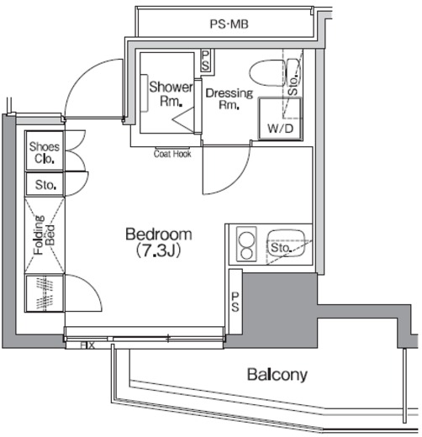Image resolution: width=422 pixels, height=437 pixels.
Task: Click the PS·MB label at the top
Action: (229, 24)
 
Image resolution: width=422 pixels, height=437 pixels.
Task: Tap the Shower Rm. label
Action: (171, 94)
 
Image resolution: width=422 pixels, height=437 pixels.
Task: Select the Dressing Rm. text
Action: (229, 98)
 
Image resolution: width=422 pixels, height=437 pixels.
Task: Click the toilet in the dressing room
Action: (275, 72)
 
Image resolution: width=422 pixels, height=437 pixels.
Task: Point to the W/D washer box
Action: (280, 118)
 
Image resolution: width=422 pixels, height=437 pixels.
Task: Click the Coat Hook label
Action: (172, 154)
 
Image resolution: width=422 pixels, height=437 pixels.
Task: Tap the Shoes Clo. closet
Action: (45, 150)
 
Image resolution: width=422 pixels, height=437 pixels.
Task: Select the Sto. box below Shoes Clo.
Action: (45, 183)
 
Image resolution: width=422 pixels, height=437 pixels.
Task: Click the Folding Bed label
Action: (44, 234)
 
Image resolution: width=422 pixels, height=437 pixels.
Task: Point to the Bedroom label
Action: (159, 234)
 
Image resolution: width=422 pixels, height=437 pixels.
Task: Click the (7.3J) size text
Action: (158, 250)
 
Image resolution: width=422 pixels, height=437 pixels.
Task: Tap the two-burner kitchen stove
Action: (246, 244)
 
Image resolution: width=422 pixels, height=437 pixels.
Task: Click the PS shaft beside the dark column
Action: (235, 302)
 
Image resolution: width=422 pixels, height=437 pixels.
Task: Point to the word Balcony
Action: (277, 375)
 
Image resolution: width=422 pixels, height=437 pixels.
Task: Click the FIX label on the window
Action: (87, 345)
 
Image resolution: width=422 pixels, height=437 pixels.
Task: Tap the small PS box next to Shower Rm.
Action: (205, 61)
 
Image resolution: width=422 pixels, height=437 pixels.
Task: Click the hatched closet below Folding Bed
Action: (45, 293)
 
